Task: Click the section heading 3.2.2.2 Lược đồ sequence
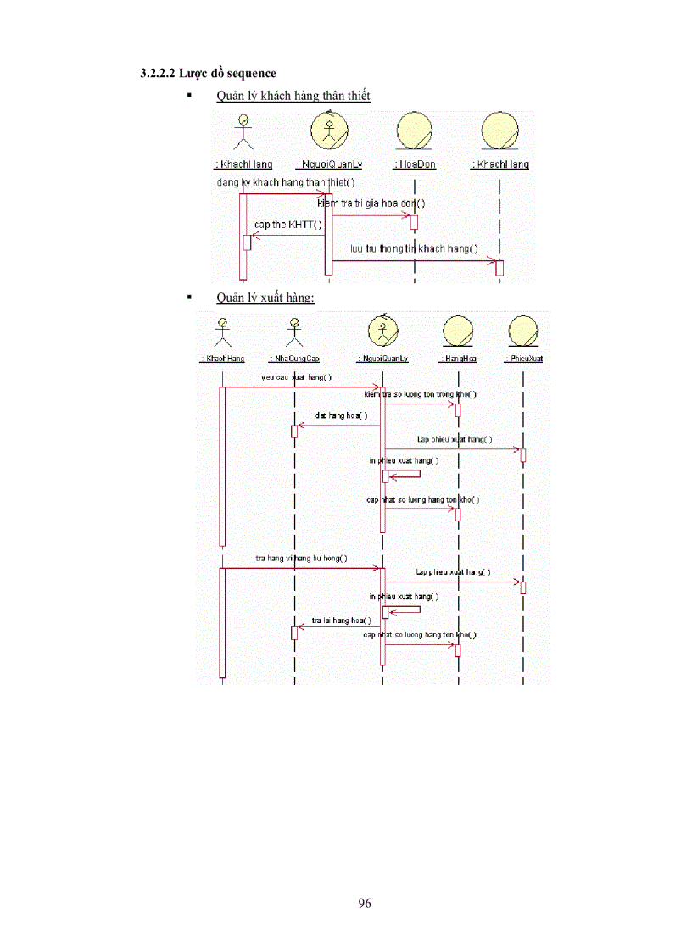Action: tap(208, 74)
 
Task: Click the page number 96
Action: tap(365, 903)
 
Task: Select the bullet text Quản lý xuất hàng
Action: tap(265, 298)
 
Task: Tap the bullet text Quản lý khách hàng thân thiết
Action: tap(293, 96)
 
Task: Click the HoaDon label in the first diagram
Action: tap(416, 164)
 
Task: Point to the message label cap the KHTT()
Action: tap(288, 224)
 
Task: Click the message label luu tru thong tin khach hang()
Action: tap(414, 248)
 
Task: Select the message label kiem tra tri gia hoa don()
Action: tap(371, 203)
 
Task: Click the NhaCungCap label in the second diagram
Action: tap(293, 359)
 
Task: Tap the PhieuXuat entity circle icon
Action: tap(523, 331)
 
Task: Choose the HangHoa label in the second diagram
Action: tap(458, 359)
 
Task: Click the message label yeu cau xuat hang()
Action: tap(297, 377)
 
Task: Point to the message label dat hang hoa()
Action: tap(341, 415)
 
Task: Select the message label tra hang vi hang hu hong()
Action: tap(301, 558)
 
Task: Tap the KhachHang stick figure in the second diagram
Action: tap(222, 331)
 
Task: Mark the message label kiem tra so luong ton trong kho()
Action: tap(420, 394)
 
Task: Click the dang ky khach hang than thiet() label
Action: tap(286, 182)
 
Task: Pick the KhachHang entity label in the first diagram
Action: tap(500, 164)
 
